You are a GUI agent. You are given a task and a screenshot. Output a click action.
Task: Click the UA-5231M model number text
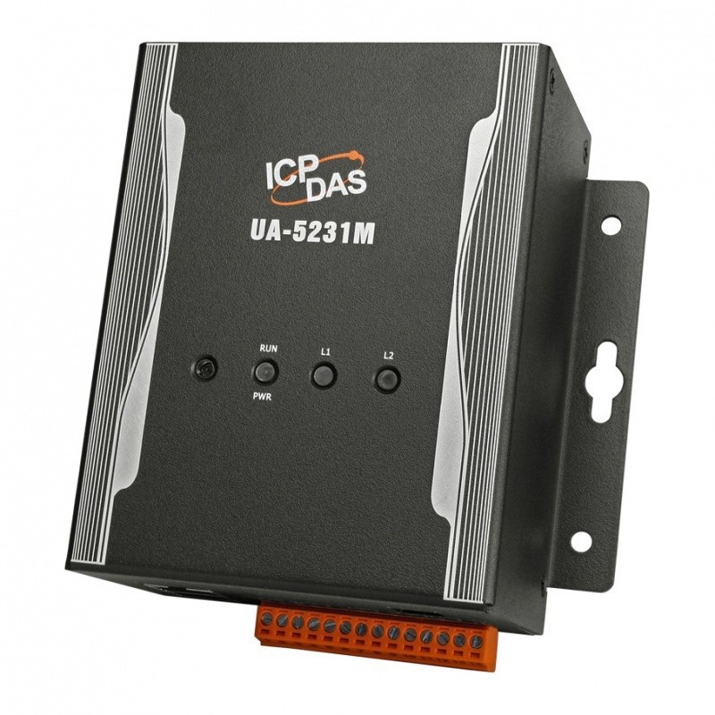312,234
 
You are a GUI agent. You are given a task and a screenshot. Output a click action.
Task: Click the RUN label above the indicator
268,349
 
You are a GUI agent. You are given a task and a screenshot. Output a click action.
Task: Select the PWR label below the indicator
262,397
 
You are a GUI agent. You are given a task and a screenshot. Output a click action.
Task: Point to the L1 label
325,352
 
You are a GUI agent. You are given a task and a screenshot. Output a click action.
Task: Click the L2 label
389,356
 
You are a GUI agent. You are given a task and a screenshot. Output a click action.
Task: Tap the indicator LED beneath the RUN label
265,371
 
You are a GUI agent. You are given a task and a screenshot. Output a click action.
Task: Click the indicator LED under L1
324,374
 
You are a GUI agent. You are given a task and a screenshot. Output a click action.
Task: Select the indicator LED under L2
388,379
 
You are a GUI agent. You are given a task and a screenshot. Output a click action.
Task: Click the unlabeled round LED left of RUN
204,368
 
